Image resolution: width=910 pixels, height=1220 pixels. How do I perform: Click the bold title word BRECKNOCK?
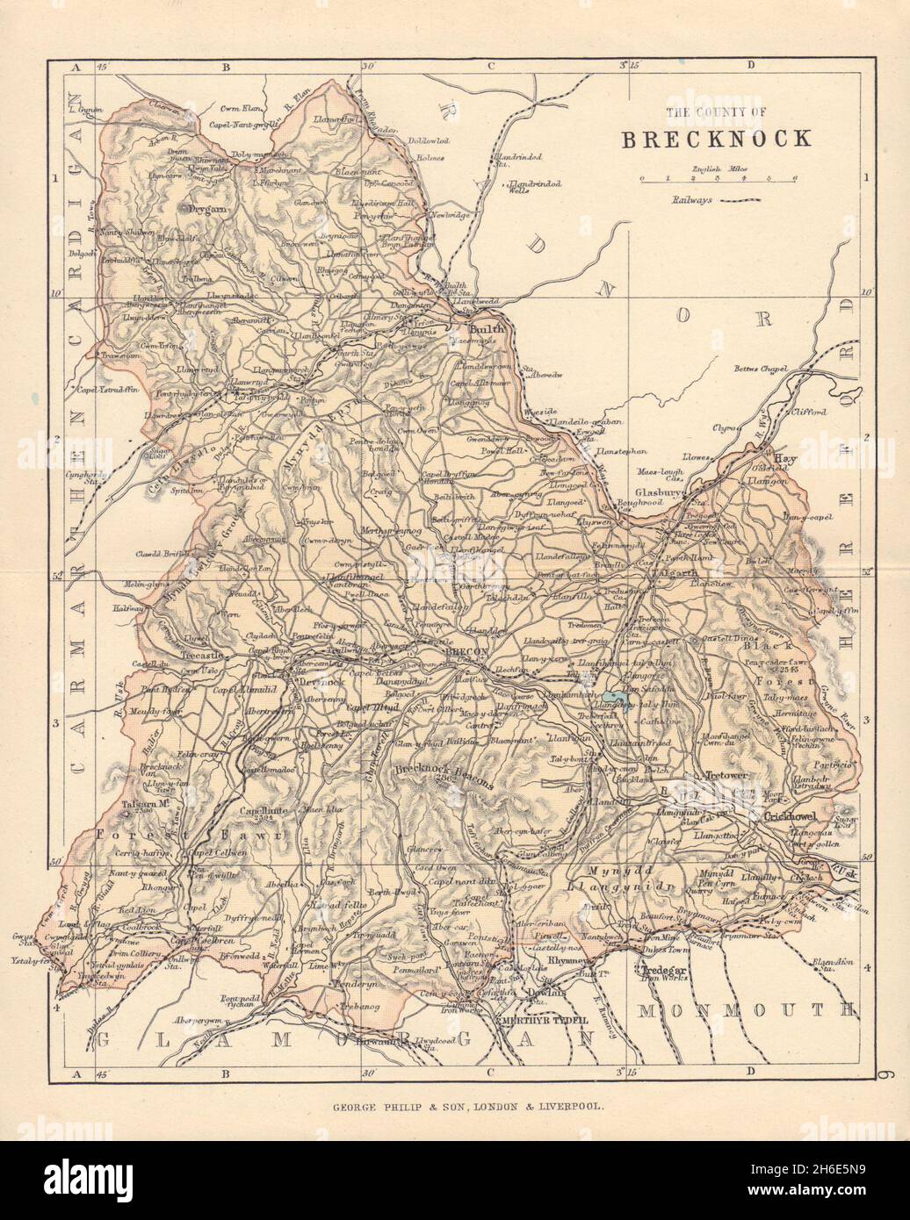coord(717,140)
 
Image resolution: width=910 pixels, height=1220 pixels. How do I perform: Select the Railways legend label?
coord(693,201)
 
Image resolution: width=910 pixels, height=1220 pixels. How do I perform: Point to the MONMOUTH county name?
coord(745,1010)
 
